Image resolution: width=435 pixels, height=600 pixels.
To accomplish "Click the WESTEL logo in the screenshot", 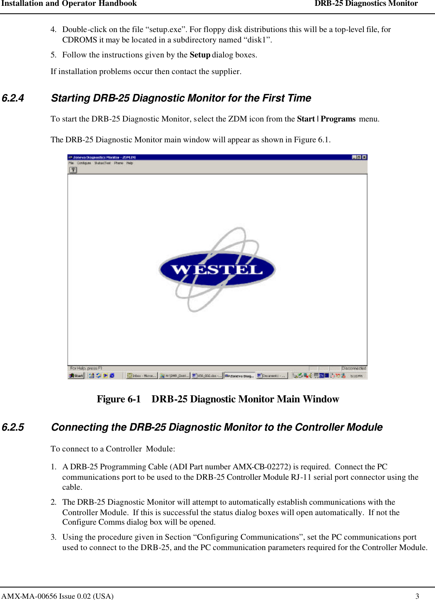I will [217, 269].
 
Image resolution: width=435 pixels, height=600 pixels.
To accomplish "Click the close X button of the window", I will [364, 157].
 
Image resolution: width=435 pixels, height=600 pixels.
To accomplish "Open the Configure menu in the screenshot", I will [84, 163].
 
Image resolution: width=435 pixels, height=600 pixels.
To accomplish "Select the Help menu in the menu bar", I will [129, 163].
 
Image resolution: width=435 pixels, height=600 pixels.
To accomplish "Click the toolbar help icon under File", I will [73, 170].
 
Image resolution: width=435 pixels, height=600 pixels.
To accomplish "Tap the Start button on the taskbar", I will [76, 375].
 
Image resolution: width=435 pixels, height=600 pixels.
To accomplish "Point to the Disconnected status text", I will [353, 368].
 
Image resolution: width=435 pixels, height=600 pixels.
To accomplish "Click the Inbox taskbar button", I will [142, 375].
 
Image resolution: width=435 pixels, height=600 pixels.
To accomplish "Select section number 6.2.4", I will [13, 98].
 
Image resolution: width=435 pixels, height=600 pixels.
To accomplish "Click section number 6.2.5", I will [13, 427].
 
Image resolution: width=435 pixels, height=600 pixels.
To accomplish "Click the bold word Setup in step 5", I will [200, 55].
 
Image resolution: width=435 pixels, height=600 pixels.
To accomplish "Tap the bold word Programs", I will [338, 119].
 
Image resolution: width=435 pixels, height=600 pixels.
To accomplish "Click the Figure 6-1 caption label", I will [119, 399].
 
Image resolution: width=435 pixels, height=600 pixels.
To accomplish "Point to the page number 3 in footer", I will [417, 596].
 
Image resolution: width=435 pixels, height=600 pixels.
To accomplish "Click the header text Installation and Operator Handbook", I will [69, 4].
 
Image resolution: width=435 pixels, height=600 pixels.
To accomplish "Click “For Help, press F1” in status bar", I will [86, 368].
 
